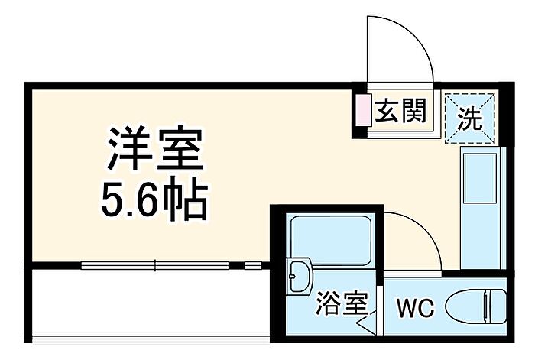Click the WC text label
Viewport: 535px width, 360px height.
click(x=415, y=309)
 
